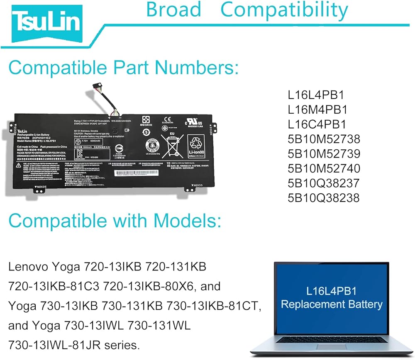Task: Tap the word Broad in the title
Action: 173,10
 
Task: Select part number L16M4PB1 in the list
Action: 317,109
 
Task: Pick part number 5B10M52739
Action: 323,153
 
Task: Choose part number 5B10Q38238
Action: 323,198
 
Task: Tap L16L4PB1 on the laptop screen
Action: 331,290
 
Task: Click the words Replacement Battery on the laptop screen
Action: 331,304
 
